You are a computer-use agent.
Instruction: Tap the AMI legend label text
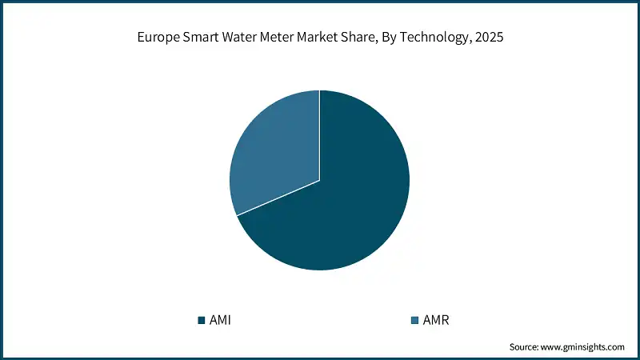pyautogui.click(x=220, y=321)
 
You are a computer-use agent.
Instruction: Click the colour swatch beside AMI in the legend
pyautogui.click(x=201, y=321)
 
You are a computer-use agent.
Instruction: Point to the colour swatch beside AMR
pyautogui.click(x=414, y=321)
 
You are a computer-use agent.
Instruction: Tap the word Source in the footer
pyautogui.click(x=526, y=347)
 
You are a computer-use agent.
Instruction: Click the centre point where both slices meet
pyautogui.click(x=319, y=180)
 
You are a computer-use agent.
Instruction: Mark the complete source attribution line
pyautogui.click(x=566, y=347)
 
